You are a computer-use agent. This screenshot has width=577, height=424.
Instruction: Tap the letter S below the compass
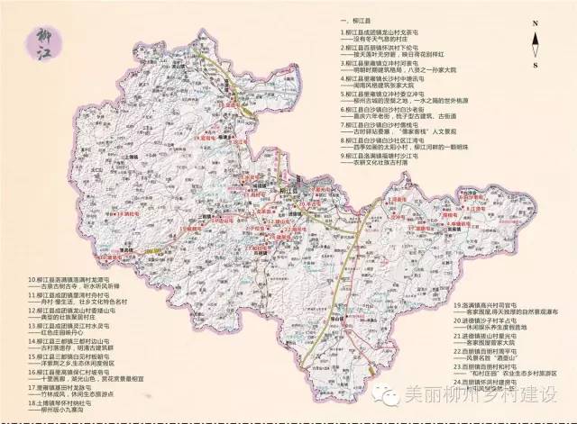point(535,65)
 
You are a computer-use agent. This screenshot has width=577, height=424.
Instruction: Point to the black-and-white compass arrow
point(535,45)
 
